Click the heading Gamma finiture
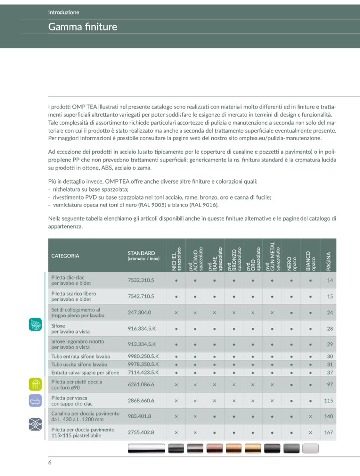pyautogui.click(x=82, y=27)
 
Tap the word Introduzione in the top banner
pyautogui.click(x=63, y=12)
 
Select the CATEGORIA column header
pyautogui.click(x=65, y=256)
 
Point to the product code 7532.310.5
pyautogui.click(x=141, y=280)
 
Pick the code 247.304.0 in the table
pyautogui.click(x=139, y=312)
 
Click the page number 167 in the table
pyautogui.click(x=328, y=432)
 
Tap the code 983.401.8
pyautogui.click(x=139, y=416)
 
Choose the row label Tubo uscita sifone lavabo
pyautogui.click(x=79, y=364)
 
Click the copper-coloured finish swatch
pyautogui.click(x=216, y=448)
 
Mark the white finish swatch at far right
pyautogui.click(x=311, y=448)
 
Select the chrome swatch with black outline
pyautogui.click(x=146, y=448)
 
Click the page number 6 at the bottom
pyautogui.click(x=50, y=463)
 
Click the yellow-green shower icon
pyautogui.click(x=35, y=384)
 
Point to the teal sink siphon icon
pyautogui.click(x=35, y=325)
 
